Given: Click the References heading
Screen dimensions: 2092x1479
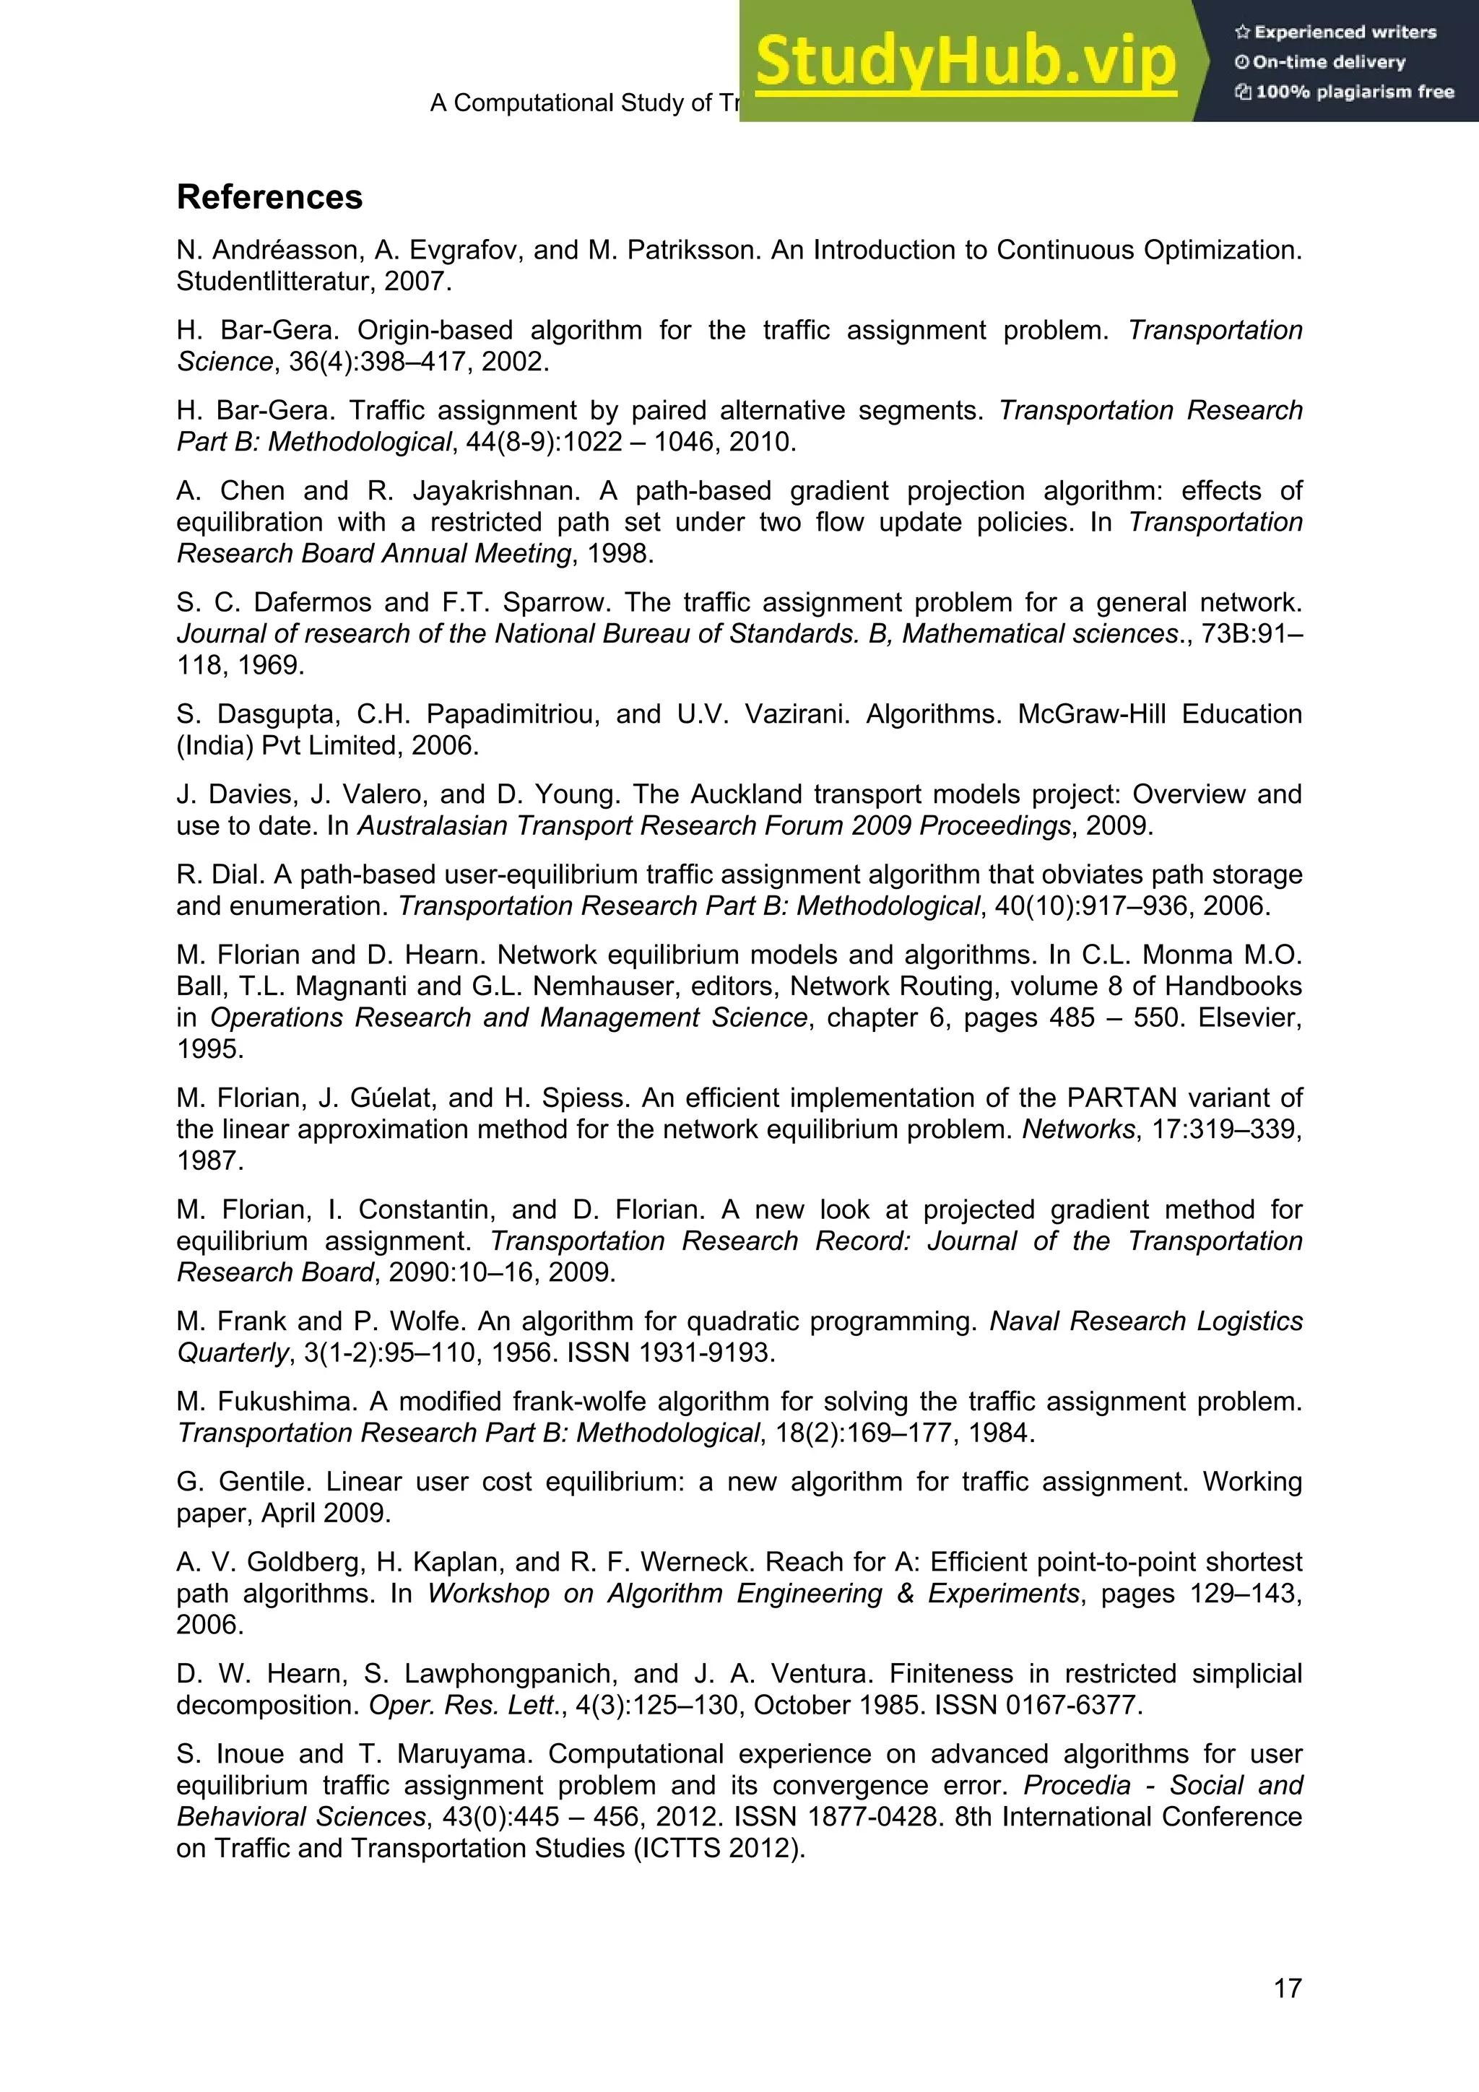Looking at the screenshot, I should click(x=270, y=198).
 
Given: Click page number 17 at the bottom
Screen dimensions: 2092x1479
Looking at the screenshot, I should click(x=1287, y=1988).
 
